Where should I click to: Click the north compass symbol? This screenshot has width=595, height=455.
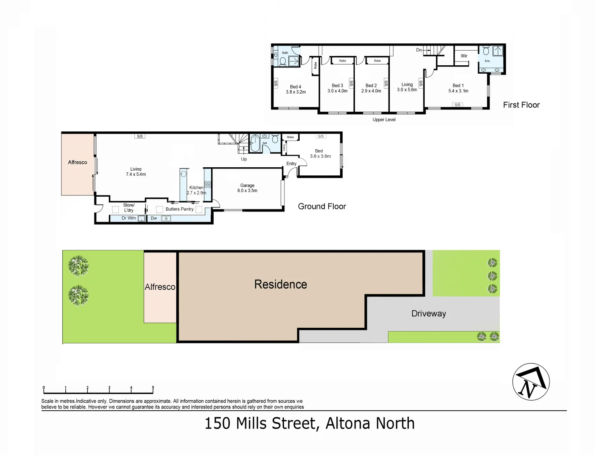531,382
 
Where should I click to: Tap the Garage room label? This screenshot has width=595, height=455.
247,185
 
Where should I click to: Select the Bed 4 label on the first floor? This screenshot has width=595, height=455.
295,87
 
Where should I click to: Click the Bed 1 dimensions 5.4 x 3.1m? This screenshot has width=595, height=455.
458,91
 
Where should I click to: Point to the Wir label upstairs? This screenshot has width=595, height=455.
464,56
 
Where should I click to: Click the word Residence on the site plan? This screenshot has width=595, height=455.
281,284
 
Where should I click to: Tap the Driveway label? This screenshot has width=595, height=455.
429,313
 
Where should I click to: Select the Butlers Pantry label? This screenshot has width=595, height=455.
180,209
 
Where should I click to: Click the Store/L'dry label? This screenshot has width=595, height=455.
129,208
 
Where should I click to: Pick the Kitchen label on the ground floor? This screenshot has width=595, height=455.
196,187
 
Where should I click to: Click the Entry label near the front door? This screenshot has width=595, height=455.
292,163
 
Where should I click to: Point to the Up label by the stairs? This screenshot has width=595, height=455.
244,159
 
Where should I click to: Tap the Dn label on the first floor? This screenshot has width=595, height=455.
419,50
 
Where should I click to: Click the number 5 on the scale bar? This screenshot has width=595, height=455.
153,388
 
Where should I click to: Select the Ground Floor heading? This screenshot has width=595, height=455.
322,206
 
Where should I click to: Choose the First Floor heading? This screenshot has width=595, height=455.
521,105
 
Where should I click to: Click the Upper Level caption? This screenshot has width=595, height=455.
384,120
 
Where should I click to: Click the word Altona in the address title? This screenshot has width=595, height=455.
348,423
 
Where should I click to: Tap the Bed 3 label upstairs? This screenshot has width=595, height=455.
338,86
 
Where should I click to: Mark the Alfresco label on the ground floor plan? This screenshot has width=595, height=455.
78,162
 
